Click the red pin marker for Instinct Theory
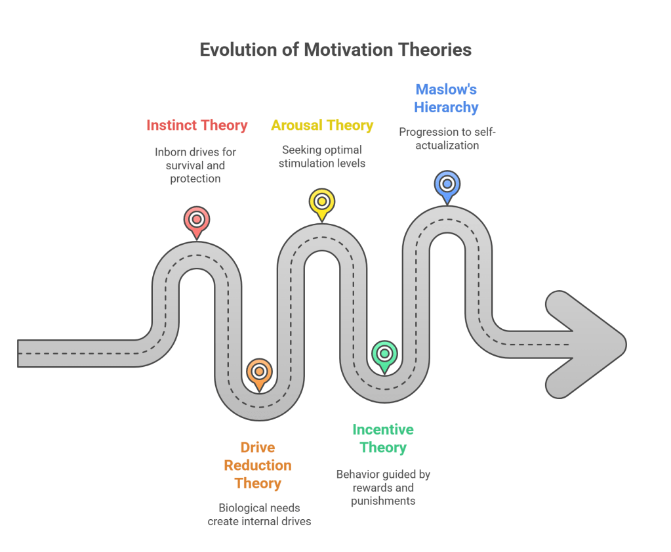(196, 220)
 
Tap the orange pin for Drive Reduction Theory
(259, 372)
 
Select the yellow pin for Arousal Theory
(322, 202)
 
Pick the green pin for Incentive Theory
(384, 354)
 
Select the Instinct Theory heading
(197, 125)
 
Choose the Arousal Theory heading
(322, 125)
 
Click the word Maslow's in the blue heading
(446, 89)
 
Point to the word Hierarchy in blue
(446, 107)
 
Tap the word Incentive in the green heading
(383, 429)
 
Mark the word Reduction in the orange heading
(258, 465)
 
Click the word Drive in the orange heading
(258, 448)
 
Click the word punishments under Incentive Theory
(383, 501)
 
